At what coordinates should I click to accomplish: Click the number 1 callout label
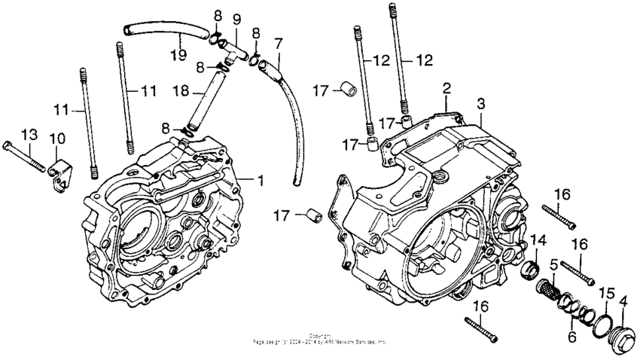(x=261, y=180)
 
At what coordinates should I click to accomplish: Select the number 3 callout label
(x=481, y=102)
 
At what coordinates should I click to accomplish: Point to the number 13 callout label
(x=29, y=134)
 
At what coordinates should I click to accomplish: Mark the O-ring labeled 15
(x=602, y=323)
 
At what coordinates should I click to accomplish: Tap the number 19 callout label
(x=178, y=55)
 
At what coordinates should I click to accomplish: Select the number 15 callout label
(x=605, y=291)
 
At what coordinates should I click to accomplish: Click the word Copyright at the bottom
(x=320, y=335)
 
